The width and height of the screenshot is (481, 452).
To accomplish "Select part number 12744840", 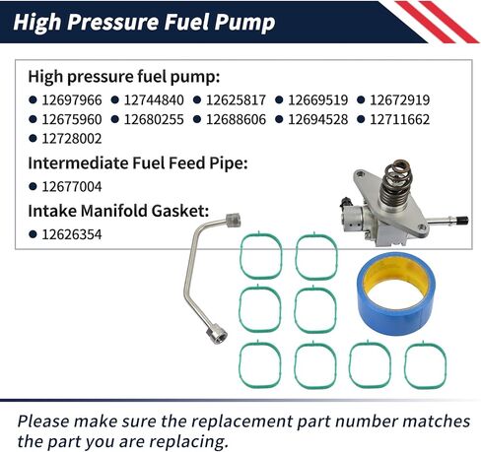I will [x=156, y=99].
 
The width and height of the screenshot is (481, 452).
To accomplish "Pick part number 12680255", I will [x=156, y=119].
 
